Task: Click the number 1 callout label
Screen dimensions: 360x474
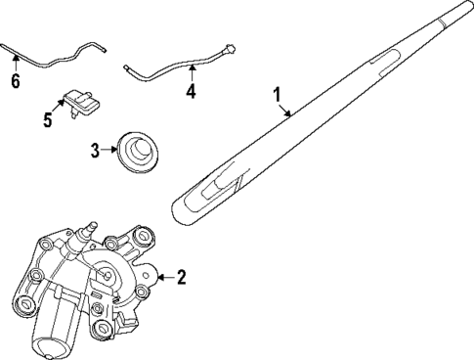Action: coord(278,96)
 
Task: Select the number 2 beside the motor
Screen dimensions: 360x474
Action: coord(180,278)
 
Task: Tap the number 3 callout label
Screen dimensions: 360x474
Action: coord(96,150)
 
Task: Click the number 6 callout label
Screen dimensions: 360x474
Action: coord(15,80)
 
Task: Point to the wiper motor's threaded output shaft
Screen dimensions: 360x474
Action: coord(91,228)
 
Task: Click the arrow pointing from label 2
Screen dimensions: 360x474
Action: coord(163,278)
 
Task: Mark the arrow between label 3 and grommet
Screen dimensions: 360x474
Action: coord(108,150)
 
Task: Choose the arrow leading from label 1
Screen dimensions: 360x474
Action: coord(286,111)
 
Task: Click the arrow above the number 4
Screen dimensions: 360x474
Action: coord(191,73)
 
